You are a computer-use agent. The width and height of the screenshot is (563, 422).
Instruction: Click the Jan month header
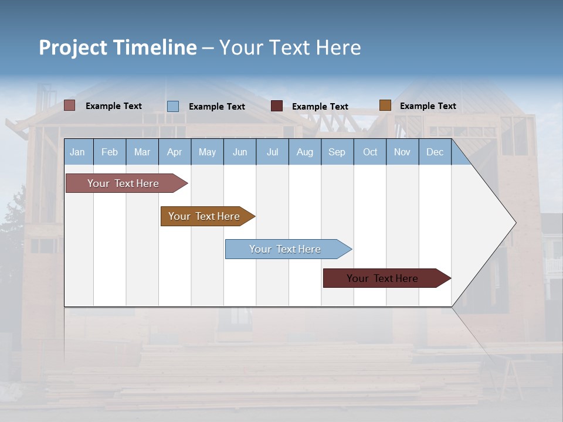tap(77, 152)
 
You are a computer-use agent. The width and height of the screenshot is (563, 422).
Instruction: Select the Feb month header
tap(110, 152)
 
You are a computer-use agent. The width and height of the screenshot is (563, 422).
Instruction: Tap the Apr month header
tap(174, 152)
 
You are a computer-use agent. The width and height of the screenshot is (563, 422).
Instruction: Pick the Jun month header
tap(240, 152)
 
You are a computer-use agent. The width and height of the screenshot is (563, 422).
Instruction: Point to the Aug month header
tap(304, 152)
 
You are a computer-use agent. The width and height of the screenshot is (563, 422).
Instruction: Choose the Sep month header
tap(337, 152)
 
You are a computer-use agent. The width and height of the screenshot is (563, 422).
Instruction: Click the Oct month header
tap(370, 152)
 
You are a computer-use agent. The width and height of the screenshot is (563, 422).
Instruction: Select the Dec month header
tap(435, 152)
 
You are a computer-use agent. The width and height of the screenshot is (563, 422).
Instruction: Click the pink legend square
tap(70, 105)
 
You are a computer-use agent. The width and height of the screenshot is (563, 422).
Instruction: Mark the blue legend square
tap(173, 106)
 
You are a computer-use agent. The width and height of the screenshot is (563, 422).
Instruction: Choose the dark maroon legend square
tap(277, 106)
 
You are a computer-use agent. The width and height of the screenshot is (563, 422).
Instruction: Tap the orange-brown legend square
tap(385, 105)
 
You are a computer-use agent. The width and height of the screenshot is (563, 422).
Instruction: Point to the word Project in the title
tap(73, 47)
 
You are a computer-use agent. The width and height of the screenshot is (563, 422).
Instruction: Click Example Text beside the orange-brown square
tap(428, 106)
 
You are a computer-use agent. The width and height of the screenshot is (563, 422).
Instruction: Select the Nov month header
tap(402, 152)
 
